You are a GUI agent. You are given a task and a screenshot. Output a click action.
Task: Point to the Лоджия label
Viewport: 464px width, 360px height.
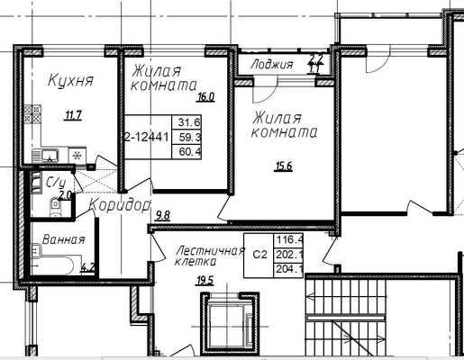pos(272,64)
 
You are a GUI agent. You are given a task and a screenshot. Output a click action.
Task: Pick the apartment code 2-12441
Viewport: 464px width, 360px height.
pos(149,139)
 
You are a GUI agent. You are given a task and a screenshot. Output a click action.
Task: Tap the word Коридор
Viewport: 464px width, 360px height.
pos(120,204)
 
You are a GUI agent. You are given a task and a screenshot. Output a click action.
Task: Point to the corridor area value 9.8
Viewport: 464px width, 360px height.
pos(163,215)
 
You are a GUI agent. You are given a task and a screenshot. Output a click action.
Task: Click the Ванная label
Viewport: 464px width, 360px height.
pos(64,239)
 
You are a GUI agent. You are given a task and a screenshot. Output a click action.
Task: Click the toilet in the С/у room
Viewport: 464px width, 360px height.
pos(56,206)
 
